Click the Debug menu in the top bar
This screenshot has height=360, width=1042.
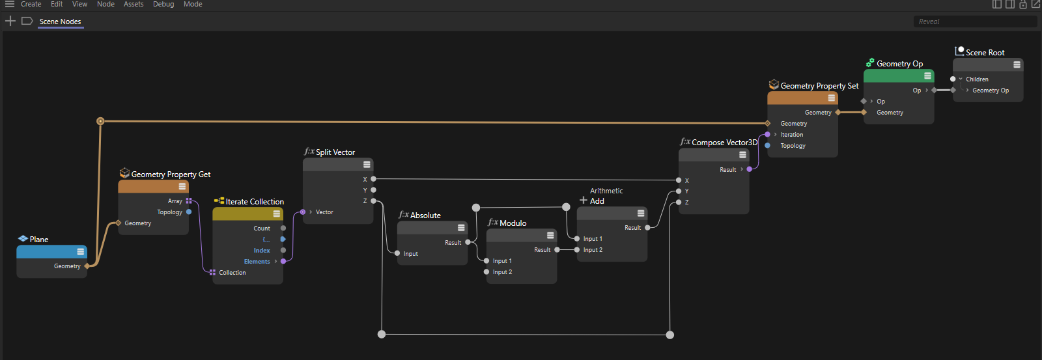pyautogui.click(x=163, y=4)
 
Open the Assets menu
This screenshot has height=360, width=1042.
pyautogui.click(x=134, y=4)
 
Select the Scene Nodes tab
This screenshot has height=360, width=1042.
pyautogui.click(x=60, y=21)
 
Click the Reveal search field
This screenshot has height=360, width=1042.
pyautogui.click(x=974, y=21)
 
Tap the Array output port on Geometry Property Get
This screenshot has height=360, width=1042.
pyautogui.click(x=189, y=201)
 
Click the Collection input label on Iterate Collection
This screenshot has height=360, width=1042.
pyautogui.click(x=232, y=273)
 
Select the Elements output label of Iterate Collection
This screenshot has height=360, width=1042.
pyautogui.click(x=257, y=262)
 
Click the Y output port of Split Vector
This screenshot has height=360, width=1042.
pyautogui.click(x=374, y=190)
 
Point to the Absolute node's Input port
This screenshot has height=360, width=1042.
pyautogui.click(x=397, y=253)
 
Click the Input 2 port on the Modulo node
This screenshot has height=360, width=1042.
pyautogui.click(x=486, y=272)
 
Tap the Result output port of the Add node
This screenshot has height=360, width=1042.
pyautogui.click(x=647, y=227)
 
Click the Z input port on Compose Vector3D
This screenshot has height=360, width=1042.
pyautogui.click(x=679, y=202)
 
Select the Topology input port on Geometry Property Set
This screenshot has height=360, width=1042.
pyautogui.click(x=768, y=146)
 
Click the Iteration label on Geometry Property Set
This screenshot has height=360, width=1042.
pyautogui.click(x=792, y=134)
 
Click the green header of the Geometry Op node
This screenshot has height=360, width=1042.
pyautogui.click(x=899, y=76)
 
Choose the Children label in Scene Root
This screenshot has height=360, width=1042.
pyautogui.click(x=977, y=79)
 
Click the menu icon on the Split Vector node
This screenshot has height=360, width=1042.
pyautogui.click(x=367, y=165)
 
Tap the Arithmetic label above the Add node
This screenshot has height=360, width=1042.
pyautogui.click(x=606, y=191)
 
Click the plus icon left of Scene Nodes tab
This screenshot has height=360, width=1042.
pyautogui.click(x=10, y=21)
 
